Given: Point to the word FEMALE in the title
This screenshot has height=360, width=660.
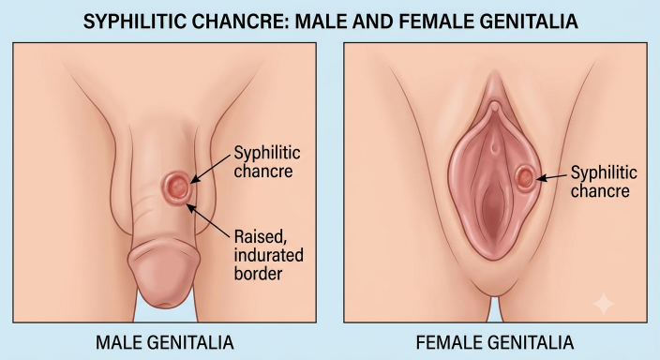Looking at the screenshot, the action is click(434, 21).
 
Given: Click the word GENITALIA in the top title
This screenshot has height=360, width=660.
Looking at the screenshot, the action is click(528, 21).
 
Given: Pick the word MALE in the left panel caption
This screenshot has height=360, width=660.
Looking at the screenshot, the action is click(118, 342).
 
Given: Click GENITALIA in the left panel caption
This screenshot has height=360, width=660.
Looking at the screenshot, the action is click(189, 342).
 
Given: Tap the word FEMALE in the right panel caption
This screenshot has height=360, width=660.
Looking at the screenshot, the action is click(448, 342).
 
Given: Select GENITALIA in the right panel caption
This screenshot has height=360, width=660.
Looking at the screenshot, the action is click(530, 342).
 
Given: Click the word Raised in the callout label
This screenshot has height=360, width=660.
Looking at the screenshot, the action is click(261, 237).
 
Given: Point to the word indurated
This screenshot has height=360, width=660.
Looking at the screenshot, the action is click(268, 255).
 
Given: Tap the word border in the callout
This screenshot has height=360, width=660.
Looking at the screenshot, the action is click(258, 274).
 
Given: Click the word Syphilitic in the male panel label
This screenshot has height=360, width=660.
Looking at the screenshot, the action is click(267, 154).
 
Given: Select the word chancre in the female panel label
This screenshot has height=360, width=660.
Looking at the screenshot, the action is click(600, 190).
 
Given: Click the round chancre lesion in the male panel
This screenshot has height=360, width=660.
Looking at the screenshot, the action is click(176, 187).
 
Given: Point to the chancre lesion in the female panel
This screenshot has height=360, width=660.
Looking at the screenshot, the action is click(525, 178).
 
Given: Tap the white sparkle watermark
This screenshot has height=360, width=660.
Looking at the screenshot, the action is click(604, 304).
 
